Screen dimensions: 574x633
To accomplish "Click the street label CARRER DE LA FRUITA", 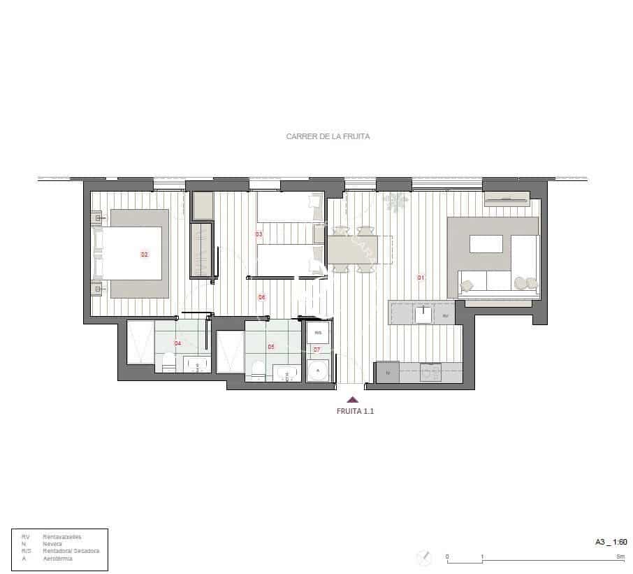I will (328, 137).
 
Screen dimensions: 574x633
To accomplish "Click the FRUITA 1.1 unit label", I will (356, 412).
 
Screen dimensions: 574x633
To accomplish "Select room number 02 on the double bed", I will (145, 254).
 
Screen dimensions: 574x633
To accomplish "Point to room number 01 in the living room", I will (421, 278).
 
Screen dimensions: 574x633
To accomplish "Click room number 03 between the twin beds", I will (259, 234).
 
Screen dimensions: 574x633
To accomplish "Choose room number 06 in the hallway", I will (261, 297).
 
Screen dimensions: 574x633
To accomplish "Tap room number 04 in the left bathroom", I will (177, 343).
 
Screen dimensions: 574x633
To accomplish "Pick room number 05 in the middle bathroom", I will (271, 346).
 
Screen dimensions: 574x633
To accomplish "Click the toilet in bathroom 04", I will (168, 362).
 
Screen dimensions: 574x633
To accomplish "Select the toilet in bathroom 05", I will (257, 370).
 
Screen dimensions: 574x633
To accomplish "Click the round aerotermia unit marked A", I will (318, 371).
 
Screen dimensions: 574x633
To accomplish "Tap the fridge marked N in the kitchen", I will (388, 373).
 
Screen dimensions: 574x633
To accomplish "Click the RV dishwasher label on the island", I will (444, 315).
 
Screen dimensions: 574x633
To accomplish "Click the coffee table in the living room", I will (486, 243).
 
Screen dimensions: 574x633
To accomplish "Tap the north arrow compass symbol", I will (423, 557).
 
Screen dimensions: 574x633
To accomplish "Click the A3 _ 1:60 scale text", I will (610, 542).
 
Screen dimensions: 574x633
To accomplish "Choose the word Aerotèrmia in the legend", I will (57, 559).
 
